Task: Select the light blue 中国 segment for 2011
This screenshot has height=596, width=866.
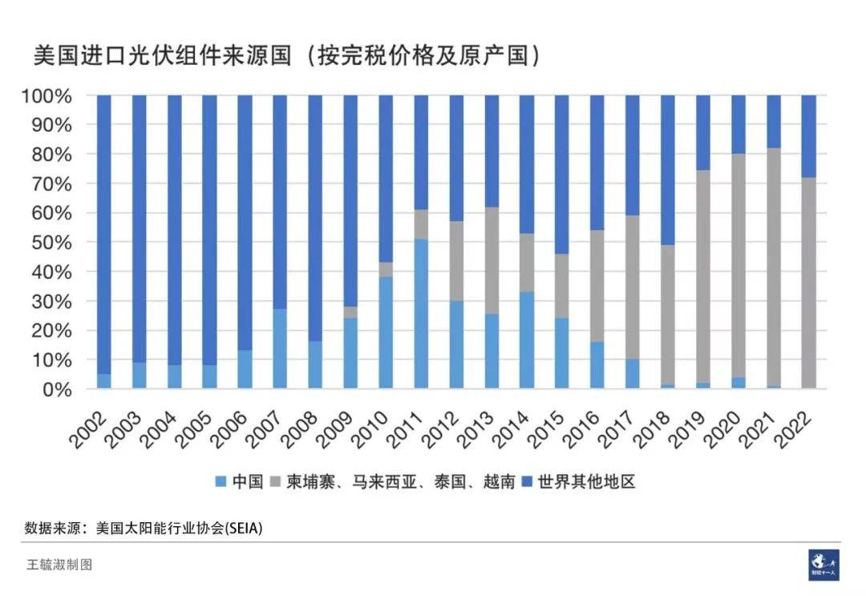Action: click(x=421, y=314)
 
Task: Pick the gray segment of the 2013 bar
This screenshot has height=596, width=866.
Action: click(x=492, y=260)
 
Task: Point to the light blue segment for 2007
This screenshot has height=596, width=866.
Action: click(x=280, y=349)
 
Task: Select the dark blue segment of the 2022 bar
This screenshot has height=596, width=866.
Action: click(x=809, y=136)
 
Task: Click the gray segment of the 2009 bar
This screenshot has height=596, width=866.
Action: click(x=350, y=312)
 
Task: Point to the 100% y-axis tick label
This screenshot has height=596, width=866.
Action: click(x=50, y=95)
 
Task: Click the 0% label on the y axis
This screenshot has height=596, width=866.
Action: click(x=59, y=389)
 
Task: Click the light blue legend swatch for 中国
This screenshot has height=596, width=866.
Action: click(x=221, y=482)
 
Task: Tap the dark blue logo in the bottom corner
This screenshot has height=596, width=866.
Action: click(x=824, y=564)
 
